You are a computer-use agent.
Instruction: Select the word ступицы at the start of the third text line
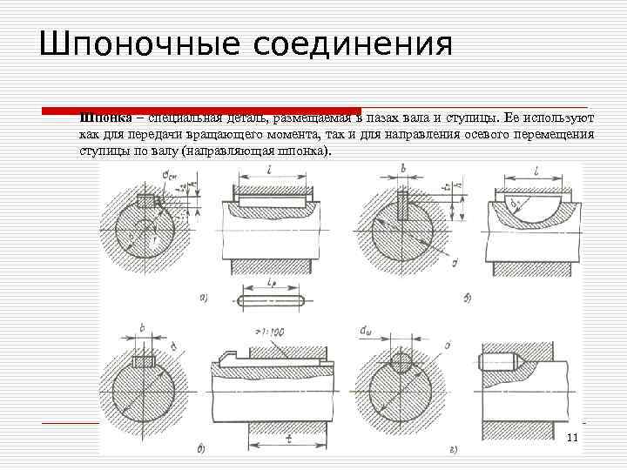pyautogui.click(x=105, y=151)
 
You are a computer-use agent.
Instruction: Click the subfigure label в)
pyautogui.click(x=201, y=449)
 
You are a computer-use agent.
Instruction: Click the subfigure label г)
pyautogui.click(x=455, y=449)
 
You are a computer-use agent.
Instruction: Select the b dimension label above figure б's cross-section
pyautogui.click(x=402, y=169)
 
